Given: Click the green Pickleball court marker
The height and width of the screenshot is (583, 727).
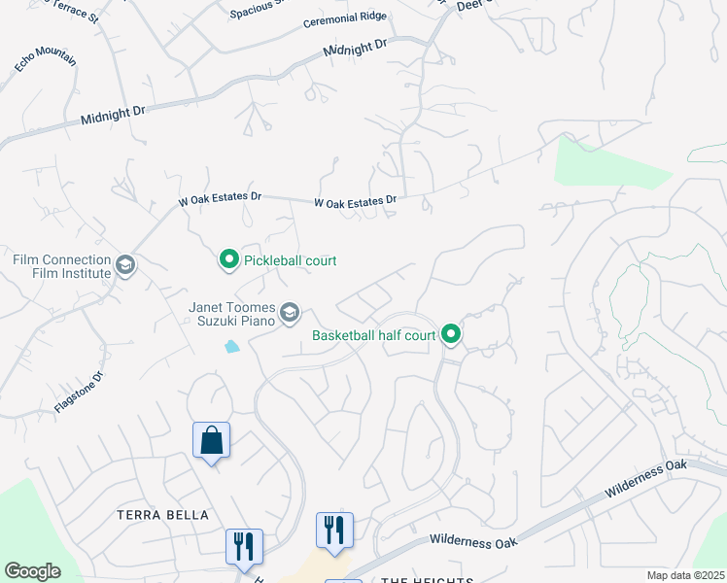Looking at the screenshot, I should [x=228, y=259].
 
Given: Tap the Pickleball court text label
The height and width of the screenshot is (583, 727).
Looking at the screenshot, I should [x=290, y=260].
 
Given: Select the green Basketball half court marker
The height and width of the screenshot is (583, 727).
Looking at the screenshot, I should [x=451, y=335].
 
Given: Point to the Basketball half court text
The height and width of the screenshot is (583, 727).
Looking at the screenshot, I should [x=373, y=336].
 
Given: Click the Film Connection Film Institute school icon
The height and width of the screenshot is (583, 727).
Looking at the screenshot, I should [x=124, y=265].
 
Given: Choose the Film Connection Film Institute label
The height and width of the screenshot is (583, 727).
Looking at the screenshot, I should [x=61, y=266].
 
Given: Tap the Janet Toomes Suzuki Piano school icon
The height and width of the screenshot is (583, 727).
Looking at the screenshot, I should [x=289, y=313].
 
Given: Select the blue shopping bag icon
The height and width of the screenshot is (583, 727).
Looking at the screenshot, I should [x=211, y=441].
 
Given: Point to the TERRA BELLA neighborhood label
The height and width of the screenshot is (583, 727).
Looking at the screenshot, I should [x=162, y=515].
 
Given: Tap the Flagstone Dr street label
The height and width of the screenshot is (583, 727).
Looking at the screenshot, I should [x=79, y=392].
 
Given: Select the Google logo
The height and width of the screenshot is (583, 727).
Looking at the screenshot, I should [x=32, y=571].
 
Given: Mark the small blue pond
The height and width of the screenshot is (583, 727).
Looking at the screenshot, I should [x=231, y=346].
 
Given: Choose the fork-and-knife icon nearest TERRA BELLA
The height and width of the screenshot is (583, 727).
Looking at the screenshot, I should [x=243, y=545].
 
